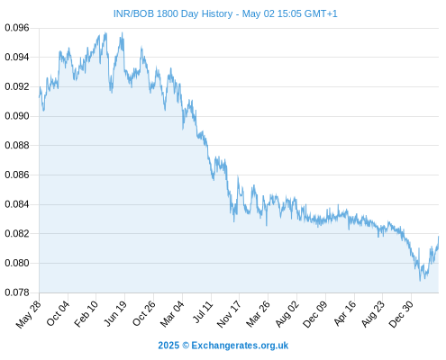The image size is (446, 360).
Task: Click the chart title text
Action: (x=225, y=13)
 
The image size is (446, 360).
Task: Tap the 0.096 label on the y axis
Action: (x=17, y=28)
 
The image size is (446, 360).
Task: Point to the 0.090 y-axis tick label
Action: (x=17, y=116)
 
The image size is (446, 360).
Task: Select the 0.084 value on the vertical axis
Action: (x=17, y=204)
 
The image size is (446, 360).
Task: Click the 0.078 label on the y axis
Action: (x=17, y=292)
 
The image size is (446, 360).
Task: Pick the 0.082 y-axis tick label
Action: (x=17, y=234)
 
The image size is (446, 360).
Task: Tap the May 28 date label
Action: (x=29, y=314)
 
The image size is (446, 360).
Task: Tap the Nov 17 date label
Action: (x=229, y=314)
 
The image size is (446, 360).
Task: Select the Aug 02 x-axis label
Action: (x=287, y=314)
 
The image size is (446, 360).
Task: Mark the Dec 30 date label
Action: (x=401, y=314)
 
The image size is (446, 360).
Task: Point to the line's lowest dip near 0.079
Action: (x=420, y=281)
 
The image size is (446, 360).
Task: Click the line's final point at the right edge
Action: (x=439, y=237)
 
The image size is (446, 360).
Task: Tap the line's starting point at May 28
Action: (x=39, y=96)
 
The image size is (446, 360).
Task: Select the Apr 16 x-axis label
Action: (x=345, y=314)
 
